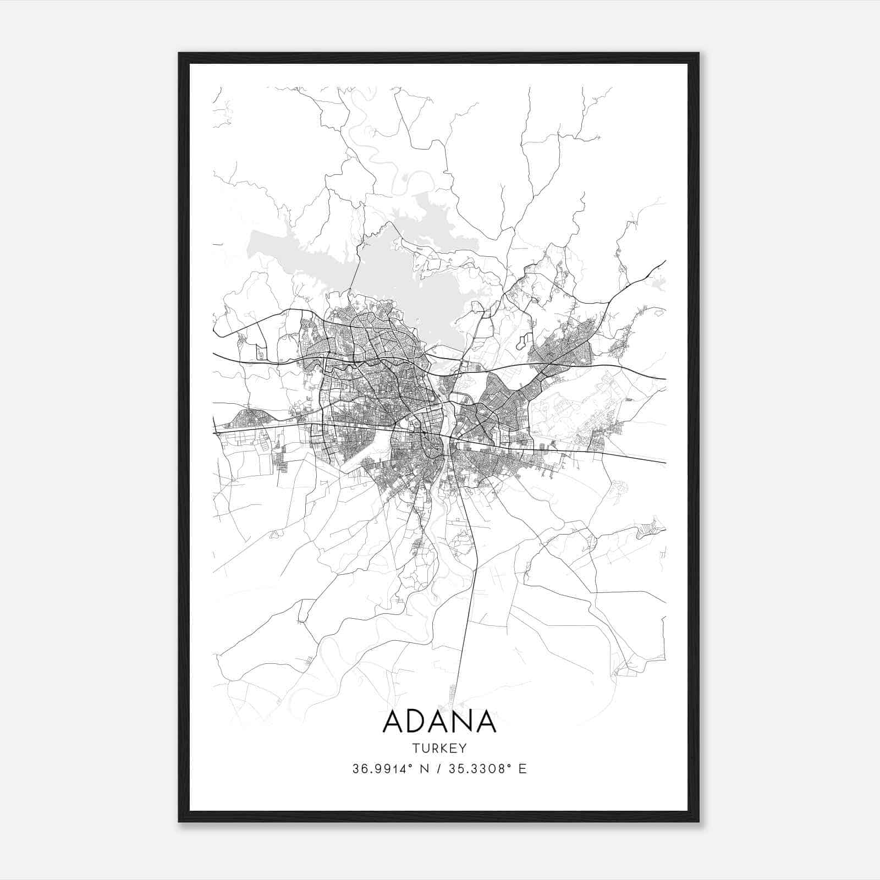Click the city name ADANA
[x=439, y=722]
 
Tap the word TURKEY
[x=439, y=749]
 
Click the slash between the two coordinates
[x=438, y=769]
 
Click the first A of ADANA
[x=394, y=722]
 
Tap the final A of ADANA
[x=486, y=722]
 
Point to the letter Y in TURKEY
[x=463, y=749]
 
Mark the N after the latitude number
[x=425, y=769]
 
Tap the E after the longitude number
[x=522, y=769]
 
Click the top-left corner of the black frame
[x=179, y=53]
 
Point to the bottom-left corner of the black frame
[x=179, y=821]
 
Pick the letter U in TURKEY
[x=425, y=749]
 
